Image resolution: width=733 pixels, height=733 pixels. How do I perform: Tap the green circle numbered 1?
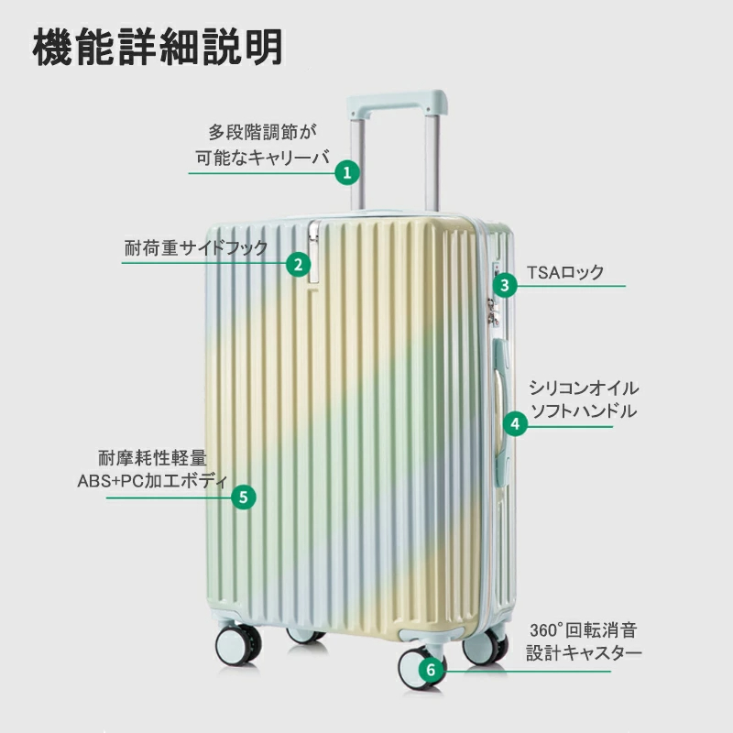(x=346, y=172)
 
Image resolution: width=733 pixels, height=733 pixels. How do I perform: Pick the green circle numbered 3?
(x=505, y=285)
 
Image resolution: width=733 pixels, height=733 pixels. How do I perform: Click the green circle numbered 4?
(x=516, y=423)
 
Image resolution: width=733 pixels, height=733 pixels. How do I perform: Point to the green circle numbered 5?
(x=243, y=497)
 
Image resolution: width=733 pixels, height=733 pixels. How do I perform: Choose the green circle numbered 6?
(x=432, y=670)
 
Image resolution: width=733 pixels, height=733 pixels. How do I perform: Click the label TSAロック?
(x=565, y=272)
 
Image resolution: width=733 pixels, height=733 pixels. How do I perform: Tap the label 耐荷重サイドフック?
(x=196, y=248)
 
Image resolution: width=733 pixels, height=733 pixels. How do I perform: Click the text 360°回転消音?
(x=583, y=630)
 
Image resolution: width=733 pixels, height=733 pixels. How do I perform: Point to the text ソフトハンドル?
(x=584, y=410)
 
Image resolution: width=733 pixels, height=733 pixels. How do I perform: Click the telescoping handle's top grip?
(x=397, y=99)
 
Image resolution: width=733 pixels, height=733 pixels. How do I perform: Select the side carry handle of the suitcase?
(x=500, y=394)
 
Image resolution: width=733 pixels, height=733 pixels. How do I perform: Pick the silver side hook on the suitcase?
(x=314, y=252)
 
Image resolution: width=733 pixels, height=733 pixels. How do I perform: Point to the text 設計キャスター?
(x=584, y=654)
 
